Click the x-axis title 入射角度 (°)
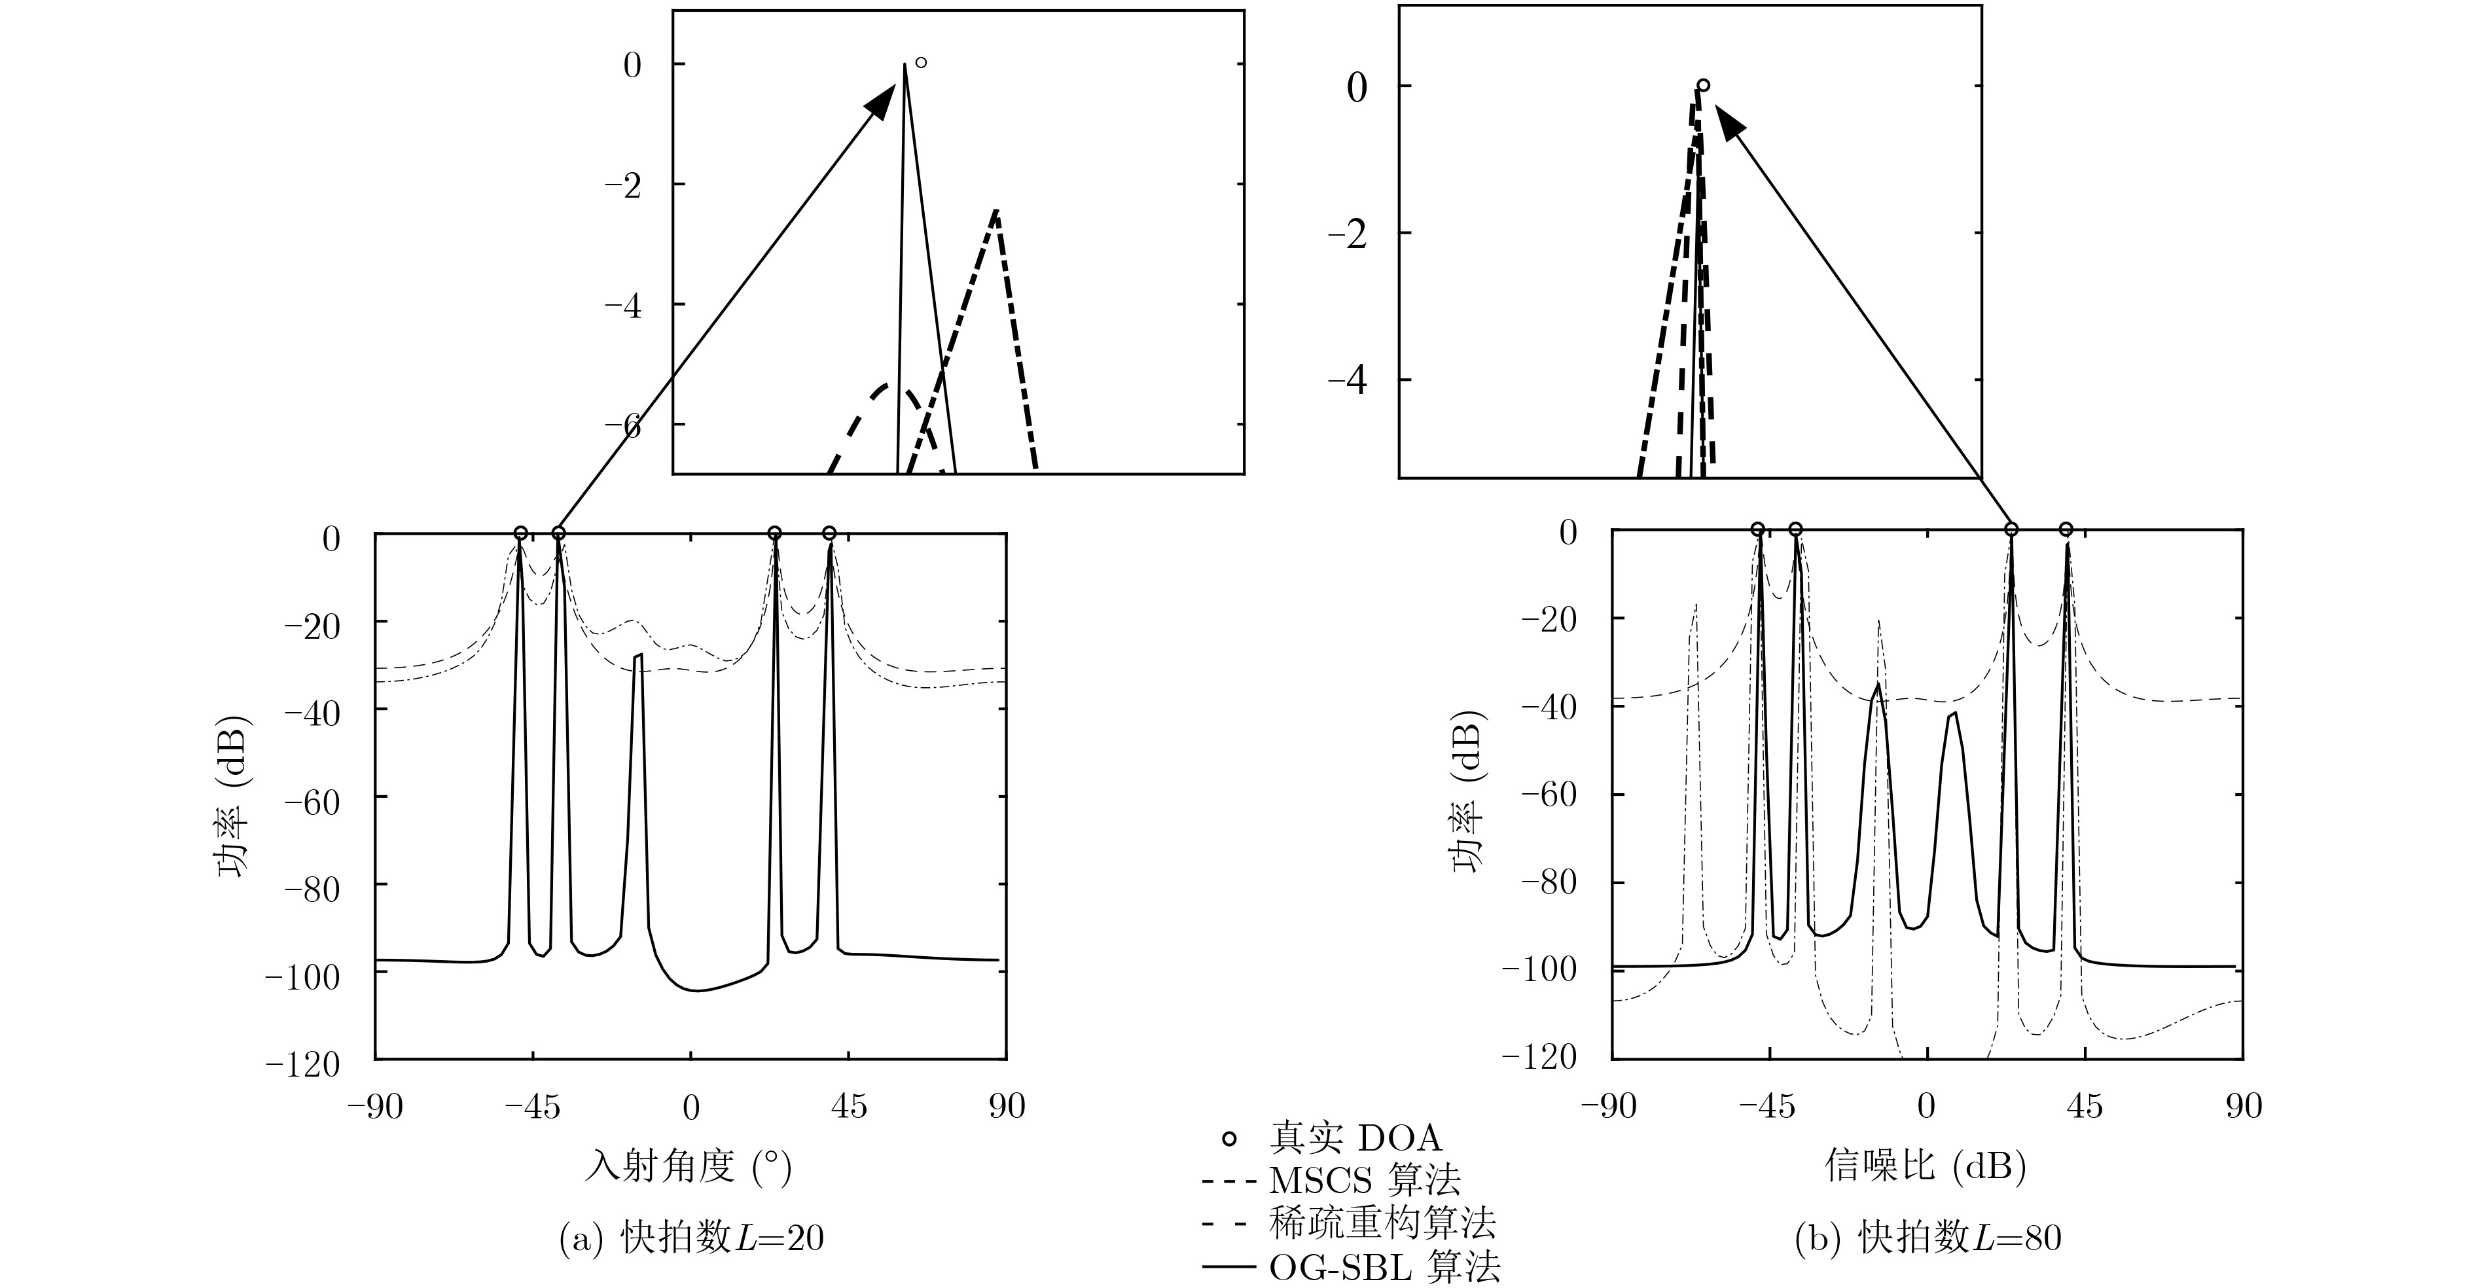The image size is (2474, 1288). tap(689, 1167)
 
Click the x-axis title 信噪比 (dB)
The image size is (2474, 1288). tap(1926, 1167)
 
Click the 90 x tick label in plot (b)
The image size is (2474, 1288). tap(2244, 1107)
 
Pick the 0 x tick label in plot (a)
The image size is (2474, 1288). tap(690, 1107)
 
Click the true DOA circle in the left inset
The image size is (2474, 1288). tap(920, 63)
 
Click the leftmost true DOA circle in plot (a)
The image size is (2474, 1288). tap(520, 533)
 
